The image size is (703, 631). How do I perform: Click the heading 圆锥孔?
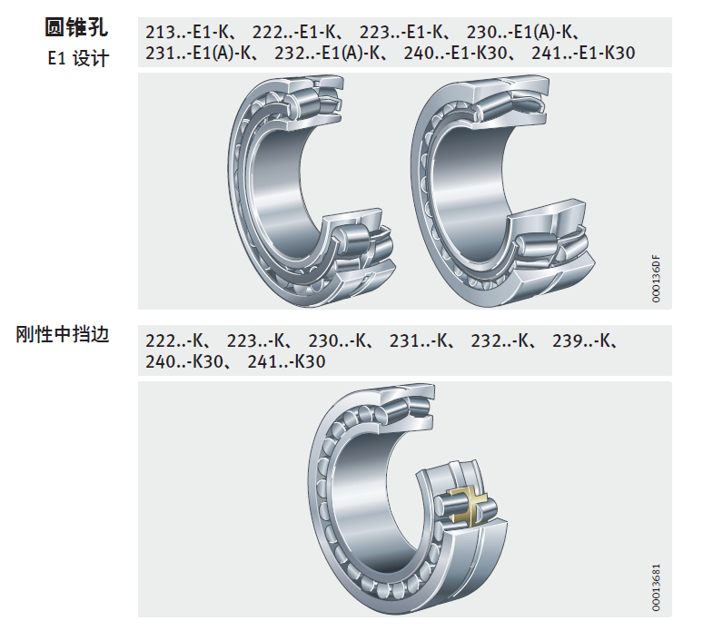click(x=76, y=27)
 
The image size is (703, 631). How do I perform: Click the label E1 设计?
click(x=78, y=58)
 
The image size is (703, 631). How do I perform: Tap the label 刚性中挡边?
click(x=63, y=334)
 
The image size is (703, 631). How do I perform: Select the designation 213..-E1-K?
click(x=187, y=33)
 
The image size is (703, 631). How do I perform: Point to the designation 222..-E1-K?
click(x=293, y=33)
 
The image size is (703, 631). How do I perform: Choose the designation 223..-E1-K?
click(x=401, y=33)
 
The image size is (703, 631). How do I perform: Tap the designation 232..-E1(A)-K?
click(x=328, y=53)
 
